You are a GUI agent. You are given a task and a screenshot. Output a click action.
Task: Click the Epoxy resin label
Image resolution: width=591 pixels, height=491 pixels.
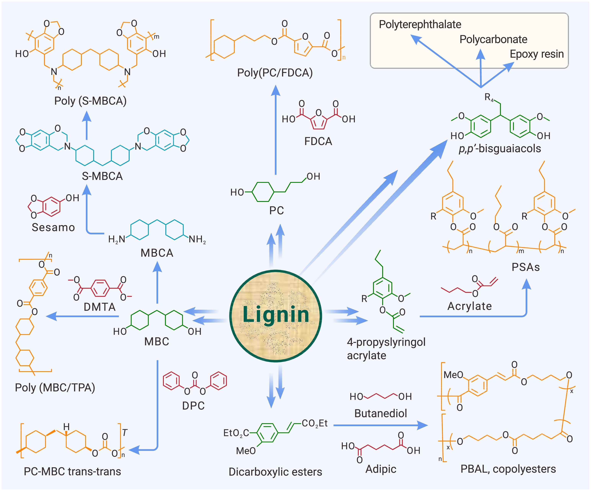click(536, 54)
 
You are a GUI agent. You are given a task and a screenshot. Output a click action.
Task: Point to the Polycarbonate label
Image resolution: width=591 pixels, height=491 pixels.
click(493, 39)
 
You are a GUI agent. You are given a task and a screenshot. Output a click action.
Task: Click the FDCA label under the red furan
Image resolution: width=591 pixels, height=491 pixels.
click(318, 141)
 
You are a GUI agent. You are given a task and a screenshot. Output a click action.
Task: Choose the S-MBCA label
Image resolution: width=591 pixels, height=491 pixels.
click(102, 176)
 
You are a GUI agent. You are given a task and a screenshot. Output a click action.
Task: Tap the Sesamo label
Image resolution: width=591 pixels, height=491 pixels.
click(53, 227)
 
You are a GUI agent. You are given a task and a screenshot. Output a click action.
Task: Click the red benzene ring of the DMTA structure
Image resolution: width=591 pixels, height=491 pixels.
click(100, 288)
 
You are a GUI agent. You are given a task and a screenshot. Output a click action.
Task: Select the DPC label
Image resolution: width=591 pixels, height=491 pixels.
click(193, 406)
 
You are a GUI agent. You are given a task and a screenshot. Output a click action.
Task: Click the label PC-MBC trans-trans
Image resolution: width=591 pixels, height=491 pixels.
click(72, 471)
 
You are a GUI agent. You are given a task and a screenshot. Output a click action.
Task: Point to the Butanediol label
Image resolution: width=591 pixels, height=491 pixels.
click(380, 413)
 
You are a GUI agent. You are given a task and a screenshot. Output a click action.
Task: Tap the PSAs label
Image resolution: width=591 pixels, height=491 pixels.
click(525, 267)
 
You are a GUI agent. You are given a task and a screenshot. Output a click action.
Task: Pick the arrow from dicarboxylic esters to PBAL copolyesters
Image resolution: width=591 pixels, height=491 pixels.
click(380, 425)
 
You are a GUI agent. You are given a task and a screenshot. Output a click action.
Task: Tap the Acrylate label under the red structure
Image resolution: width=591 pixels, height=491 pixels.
click(469, 306)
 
